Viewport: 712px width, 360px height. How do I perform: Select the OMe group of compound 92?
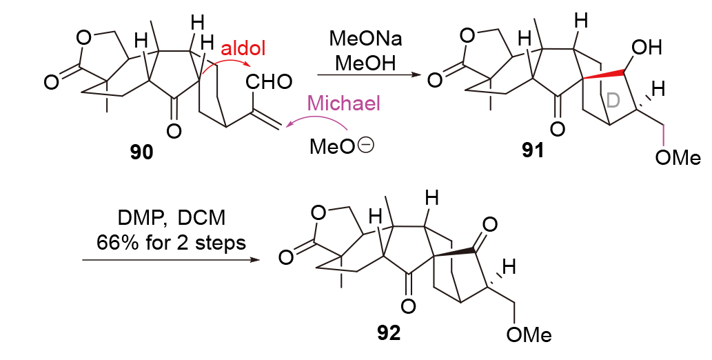pyautogui.click(x=529, y=335)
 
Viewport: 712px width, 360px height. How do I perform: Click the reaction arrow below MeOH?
pyautogui.click(x=368, y=74)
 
